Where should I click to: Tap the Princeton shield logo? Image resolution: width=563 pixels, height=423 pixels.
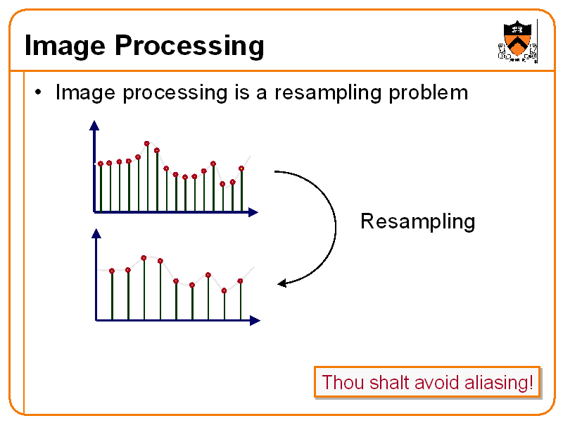tap(517, 41)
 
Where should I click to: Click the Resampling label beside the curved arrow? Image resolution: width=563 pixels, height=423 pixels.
tap(417, 221)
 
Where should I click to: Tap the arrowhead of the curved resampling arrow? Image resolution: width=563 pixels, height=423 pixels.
tap(282, 283)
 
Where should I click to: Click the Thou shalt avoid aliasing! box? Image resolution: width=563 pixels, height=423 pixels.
tap(427, 383)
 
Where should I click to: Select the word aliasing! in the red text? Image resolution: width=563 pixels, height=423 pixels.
tap(499, 383)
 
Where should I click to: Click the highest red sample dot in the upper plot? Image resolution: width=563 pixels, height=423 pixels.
tap(147, 143)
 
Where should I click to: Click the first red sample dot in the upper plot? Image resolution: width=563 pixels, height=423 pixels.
tap(101, 164)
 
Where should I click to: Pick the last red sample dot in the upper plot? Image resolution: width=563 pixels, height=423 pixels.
tap(241, 168)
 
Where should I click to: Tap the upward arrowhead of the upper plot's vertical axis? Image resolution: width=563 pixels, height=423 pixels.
tap(94, 126)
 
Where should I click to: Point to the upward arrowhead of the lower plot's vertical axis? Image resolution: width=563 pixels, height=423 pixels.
tap(95, 233)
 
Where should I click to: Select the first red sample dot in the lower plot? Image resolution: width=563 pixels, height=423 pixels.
tap(112, 271)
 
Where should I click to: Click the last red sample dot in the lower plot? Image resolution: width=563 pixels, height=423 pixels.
tap(241, 281)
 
